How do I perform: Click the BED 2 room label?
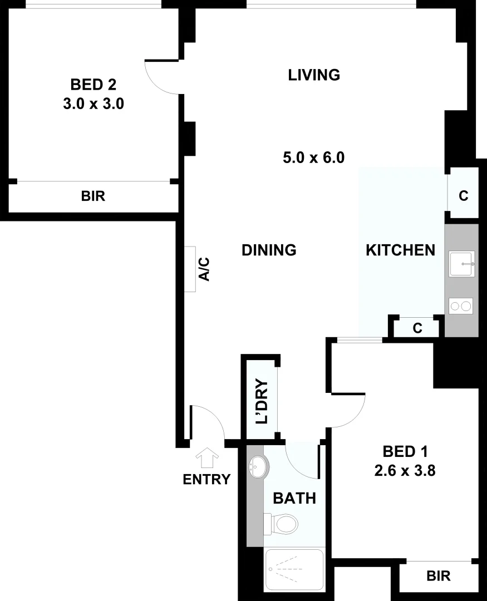(93, 85)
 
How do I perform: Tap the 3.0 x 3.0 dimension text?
(93, 104)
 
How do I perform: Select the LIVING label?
(314, 75)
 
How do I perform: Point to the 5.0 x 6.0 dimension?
(314, 157)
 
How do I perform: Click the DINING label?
(269, 250)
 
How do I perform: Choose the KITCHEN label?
(400, 250)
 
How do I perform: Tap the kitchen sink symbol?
(461, 264)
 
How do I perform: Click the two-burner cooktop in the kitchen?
(461, 306)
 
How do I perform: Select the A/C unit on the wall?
(190, 269)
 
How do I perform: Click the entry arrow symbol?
(207, 457)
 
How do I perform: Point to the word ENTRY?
(206, 479)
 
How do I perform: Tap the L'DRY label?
(262, 401)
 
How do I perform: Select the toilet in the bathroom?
(282, 524)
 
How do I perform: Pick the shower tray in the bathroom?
(294, 569)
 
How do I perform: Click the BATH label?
(294, 498)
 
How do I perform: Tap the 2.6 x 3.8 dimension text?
(405, 471)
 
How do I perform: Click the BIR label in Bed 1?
(439, 576)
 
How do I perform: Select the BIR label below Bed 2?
(93, 196)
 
